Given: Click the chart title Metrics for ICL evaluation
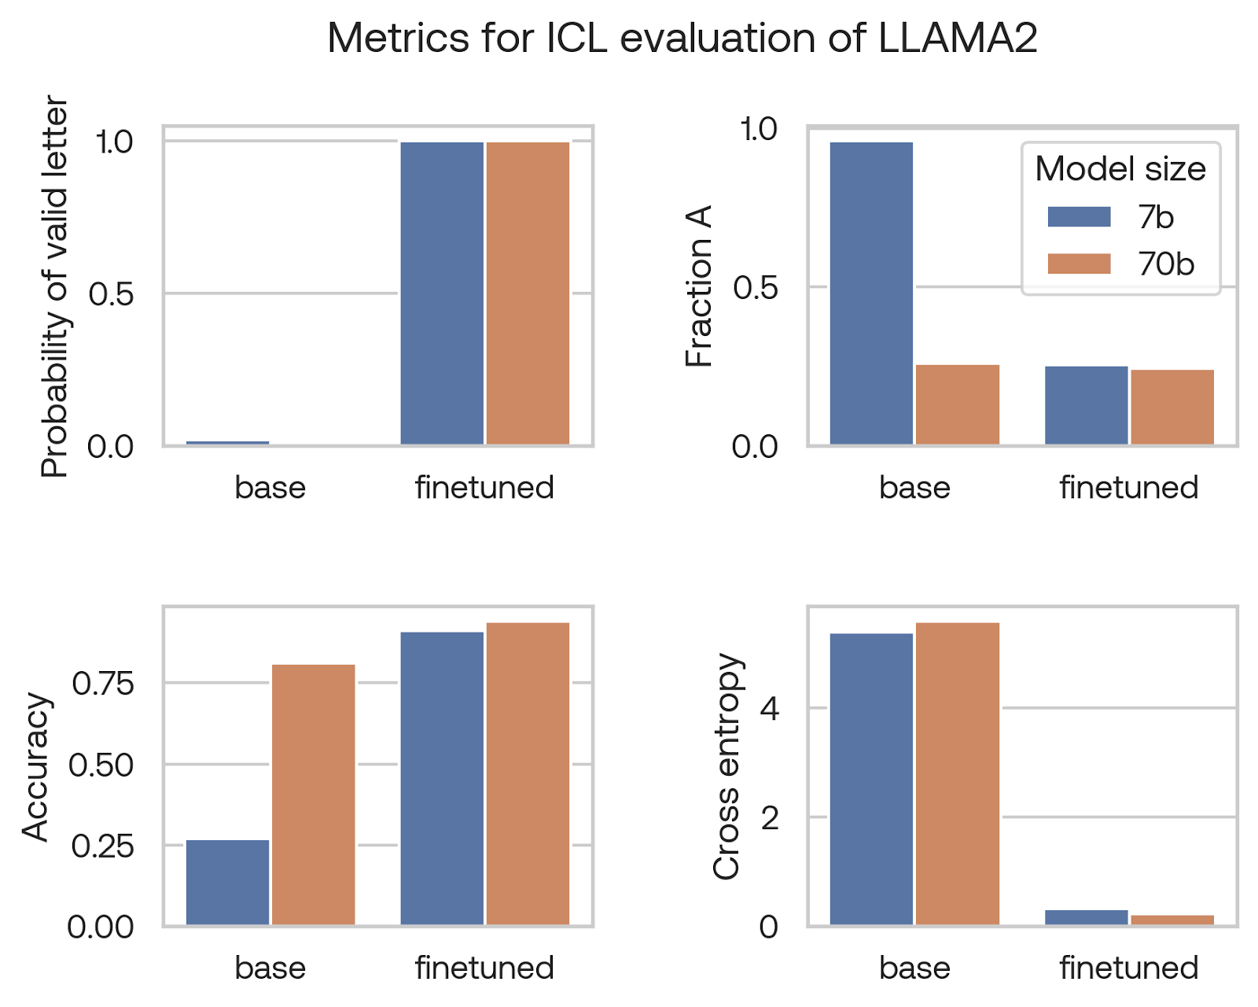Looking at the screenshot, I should coord(682,38).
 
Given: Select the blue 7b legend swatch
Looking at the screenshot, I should coord(1079,217).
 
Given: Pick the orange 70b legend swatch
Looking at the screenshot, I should coord(1079,264).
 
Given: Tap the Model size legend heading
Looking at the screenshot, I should coord(1120,169).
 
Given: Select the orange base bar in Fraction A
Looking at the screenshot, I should coord(957,404).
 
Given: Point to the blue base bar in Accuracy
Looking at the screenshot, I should coord(227,882).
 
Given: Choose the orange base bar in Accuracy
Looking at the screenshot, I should coord(313,795).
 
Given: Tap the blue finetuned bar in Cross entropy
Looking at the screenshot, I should coord(1086,917).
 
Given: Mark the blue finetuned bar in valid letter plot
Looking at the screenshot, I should coord(442,293).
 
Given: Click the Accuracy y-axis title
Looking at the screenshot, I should coord(36,767).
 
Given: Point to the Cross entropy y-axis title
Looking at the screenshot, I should coord(726,766).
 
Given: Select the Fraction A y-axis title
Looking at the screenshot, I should coord(699,286).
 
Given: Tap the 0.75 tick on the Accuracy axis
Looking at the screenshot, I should coord(103,684).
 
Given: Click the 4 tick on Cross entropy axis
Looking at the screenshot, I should coord(770,709).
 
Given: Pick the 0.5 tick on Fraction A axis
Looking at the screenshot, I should coord(755,288).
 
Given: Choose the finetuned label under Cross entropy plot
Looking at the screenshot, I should coord(1128,968).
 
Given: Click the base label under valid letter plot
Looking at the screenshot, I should coord(270,488).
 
